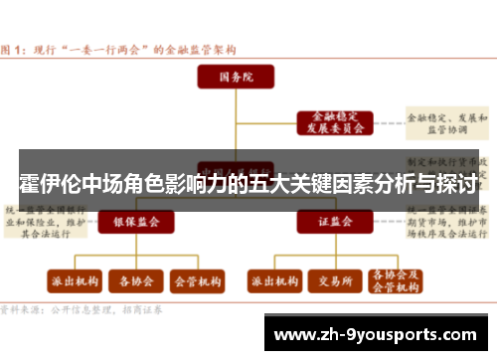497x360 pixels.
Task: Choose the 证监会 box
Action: point(328,221)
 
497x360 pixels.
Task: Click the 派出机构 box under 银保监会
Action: point(73,281)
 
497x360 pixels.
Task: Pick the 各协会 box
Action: point(136,281)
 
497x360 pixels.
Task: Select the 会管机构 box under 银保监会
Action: point(199,281)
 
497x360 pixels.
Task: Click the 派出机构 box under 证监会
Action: point(273,281)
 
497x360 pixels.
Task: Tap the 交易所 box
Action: point(335,281)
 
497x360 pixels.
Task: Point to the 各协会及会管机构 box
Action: point(396,280)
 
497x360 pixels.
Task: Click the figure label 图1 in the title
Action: point(16,47)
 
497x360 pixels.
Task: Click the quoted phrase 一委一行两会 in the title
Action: point(99,47)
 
